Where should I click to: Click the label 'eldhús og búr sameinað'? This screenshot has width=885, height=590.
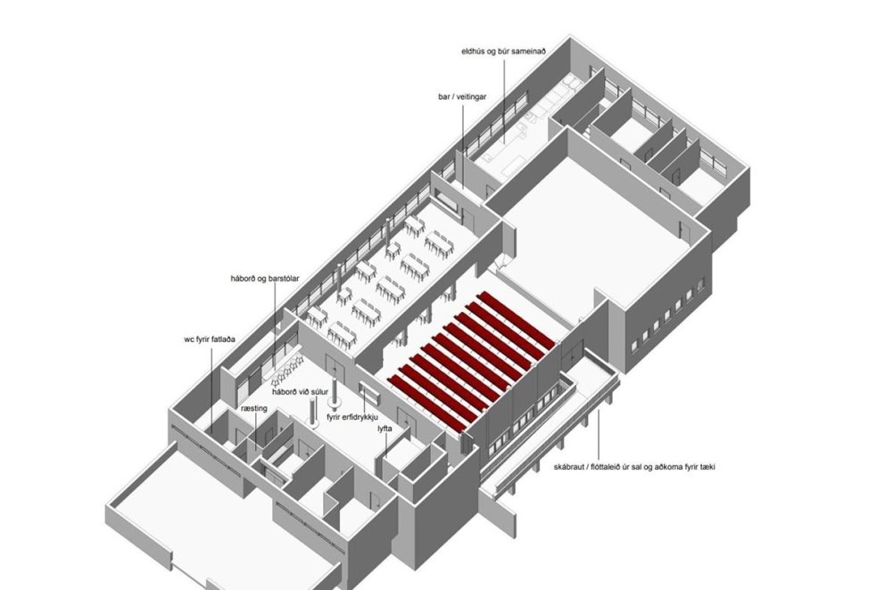(x=503, y=52)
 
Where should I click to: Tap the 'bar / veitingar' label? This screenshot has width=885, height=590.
(x=462, y=97)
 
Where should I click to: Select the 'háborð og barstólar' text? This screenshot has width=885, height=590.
(x=265, y=279)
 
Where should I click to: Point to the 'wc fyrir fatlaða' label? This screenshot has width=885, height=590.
(x=210, y=340)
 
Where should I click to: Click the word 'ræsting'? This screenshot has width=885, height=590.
(x=254, y=408)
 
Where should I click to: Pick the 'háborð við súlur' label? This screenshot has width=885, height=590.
(x=300, y=392)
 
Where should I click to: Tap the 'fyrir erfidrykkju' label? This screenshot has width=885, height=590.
(x=352, y=417)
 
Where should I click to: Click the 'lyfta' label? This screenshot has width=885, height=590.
(x=385, y=430)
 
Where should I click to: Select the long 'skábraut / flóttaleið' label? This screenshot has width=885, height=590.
(x=634, y=467)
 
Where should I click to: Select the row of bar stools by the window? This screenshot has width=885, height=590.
(x=285, y=368)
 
